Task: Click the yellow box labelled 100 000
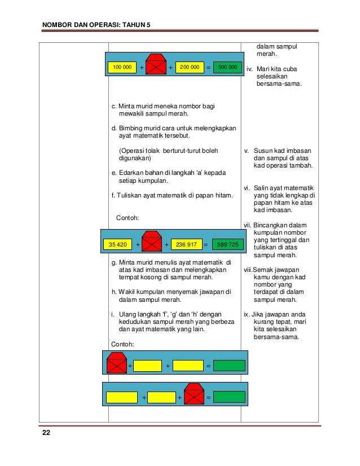122,68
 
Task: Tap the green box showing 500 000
227,68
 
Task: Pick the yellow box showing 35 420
117,244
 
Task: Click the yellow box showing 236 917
186,244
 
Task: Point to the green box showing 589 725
229,244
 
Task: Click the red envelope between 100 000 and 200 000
155,65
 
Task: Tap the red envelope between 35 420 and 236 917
151,243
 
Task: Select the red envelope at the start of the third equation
117,363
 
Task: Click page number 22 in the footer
46,433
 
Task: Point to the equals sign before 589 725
205,245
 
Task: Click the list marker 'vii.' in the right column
247,225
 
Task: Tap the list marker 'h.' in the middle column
113,292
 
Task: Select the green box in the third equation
229,366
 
